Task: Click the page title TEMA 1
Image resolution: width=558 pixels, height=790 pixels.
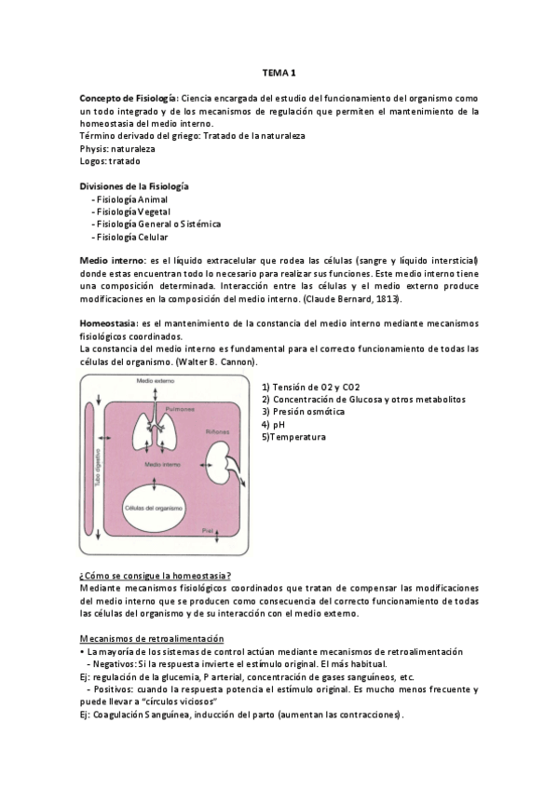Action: (x=278, y=72)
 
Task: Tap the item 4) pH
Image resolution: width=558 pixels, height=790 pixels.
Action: (x=273, y=424)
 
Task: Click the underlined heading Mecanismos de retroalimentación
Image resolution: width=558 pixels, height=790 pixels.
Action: (x=151, y=638)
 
